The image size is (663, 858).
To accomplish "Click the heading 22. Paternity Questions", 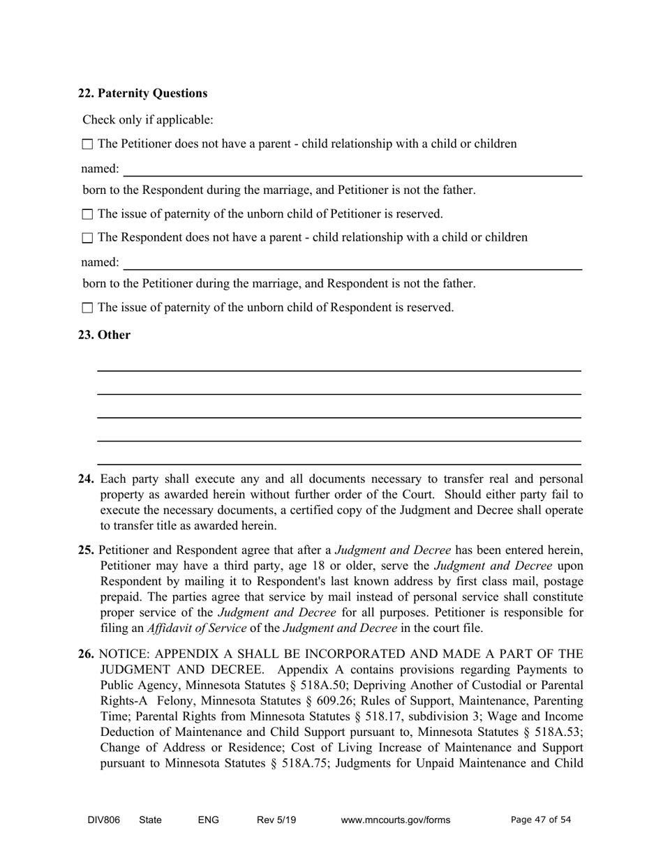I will [142, 93].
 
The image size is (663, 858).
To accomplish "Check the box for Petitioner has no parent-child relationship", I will [87, 144].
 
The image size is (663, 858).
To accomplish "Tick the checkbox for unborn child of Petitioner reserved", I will [87, 214].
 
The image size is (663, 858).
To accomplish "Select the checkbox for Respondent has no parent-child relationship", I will [87, 238].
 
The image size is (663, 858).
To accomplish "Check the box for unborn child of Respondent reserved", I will [87, 308].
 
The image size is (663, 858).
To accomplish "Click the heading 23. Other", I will [104, 335].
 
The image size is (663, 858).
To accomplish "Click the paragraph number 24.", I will [86, 479].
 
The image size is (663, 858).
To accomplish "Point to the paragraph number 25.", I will [86, 550].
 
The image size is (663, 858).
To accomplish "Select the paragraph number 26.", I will [86, 654].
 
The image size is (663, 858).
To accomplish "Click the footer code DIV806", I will [103, 820].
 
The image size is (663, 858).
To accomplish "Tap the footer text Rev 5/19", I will [276, 820].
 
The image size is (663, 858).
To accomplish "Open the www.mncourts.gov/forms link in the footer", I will [395, 820].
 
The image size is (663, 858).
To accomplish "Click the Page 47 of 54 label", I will [541, 820].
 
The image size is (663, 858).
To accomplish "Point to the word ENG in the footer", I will [208, 820].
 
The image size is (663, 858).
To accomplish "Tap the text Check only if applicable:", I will [148, 120].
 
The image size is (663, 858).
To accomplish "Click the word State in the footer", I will [150, 820].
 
